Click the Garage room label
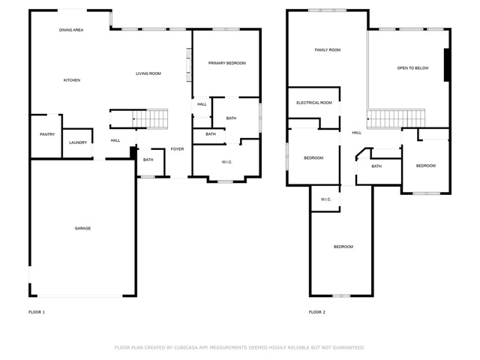pyautogui.click(x=82, y=228)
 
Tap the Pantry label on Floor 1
pyautogui.click(x=47, y=134)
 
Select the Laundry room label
pyautogui.click(x=78, y=142)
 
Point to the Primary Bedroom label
pyautogui.click(x=227, y=63)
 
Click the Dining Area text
pyautogui.click(x=71, y=30)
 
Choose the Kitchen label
pyautogui.click(x=72, y=80)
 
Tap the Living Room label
pyautogui.click(x=148, y=73)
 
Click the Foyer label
pyautogui.click(x=177, y=149)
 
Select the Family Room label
pyautogui.click(x=328, y=50)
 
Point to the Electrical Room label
pyautogui.click(x=314, y=103)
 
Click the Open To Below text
pyautogui.click(x=413, y=68)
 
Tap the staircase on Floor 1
pyautogui.click(x=150, y=118)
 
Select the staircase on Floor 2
pyautogui.click(x=396, y=118)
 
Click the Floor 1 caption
pyautogui.click(x=37, y=312)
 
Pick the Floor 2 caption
pyautogui.click(x=317, y=312)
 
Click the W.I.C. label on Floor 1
pyautogui.click(x=227, y=162)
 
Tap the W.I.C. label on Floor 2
pyautogui.click(x=326, y=199)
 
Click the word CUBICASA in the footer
pyautogui.click(x=186, y=348)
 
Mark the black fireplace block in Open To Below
pyautogui.click(x=447, y=65)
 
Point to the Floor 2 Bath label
pyautogui.click(x=376, y=166)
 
